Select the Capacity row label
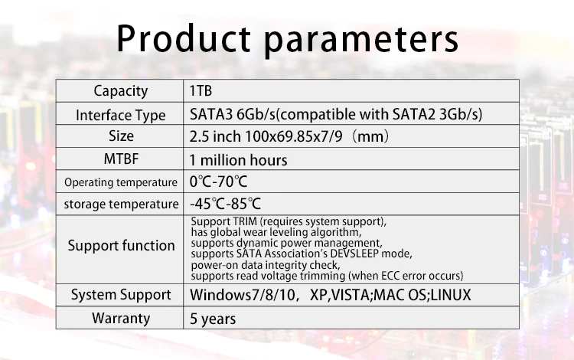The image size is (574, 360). point(120,91)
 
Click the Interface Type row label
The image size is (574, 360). point(120,116)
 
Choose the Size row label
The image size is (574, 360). point(120,136)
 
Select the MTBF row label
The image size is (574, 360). point(120,159)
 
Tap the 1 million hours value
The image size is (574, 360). point(239,160)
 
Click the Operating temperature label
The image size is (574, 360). point(120,182)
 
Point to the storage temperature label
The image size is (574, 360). point(120,205)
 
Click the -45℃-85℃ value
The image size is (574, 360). point(225,205)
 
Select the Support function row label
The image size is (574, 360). point(120,246)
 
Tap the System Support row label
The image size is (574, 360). point(120,295)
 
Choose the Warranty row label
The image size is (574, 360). point(120,318)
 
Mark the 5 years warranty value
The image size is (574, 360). point(213,318)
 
